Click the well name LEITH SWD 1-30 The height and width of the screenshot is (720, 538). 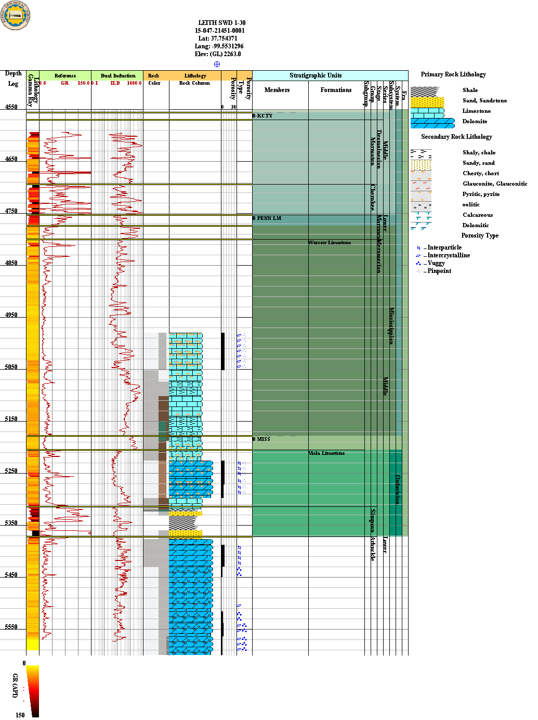click(221, 23)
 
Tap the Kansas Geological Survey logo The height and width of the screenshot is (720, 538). click(16, 15)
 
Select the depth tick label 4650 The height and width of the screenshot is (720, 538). click(11, 159)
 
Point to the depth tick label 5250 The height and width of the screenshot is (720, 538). click(11, 471)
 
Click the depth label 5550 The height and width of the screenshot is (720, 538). click(11, 627)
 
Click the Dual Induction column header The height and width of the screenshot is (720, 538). click(117, 76)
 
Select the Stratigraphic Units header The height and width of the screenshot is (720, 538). click(316, 75)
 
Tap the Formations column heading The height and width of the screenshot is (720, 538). click(336, 90)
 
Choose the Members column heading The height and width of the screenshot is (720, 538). click(277, 90)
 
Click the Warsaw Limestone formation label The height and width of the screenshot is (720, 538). click(330, 243)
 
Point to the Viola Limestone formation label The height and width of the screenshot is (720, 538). click(326, 453)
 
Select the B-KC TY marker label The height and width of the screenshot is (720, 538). click(263, 116)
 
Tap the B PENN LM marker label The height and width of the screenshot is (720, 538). click(267, 218)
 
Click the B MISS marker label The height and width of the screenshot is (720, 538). click(261, 439)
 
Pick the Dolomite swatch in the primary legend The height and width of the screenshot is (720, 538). click(432, 123)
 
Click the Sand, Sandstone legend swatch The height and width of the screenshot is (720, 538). click(427, 101)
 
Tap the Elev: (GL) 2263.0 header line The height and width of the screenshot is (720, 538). click(218, 54)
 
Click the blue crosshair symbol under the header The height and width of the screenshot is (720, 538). click(217, 64)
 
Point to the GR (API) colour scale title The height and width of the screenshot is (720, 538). click(15, 685)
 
